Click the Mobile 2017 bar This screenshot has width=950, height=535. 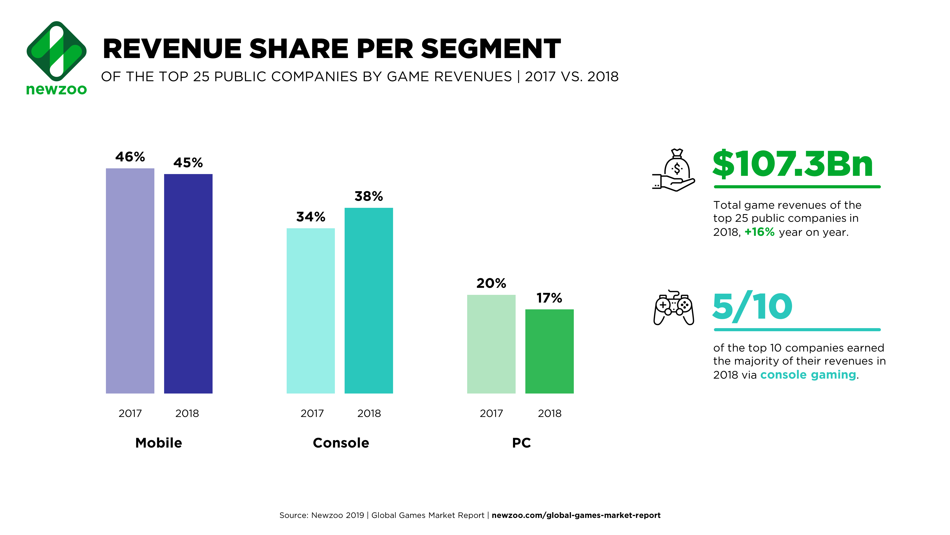[130, 281]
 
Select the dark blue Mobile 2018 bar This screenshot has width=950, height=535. [188, 284]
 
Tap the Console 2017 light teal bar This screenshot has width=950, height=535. [310, 311]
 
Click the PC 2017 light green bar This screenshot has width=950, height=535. [491, 344]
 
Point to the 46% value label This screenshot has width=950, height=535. [130, 157]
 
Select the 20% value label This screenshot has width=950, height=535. [491, 283]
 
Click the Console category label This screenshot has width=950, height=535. [341, 443]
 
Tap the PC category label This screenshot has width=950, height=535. [521, 443]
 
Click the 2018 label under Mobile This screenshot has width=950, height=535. [187, 413]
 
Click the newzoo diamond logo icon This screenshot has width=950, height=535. [57, 51]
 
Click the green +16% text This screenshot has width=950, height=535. [759, 232]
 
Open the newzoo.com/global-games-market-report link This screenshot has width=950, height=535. [576, 515]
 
